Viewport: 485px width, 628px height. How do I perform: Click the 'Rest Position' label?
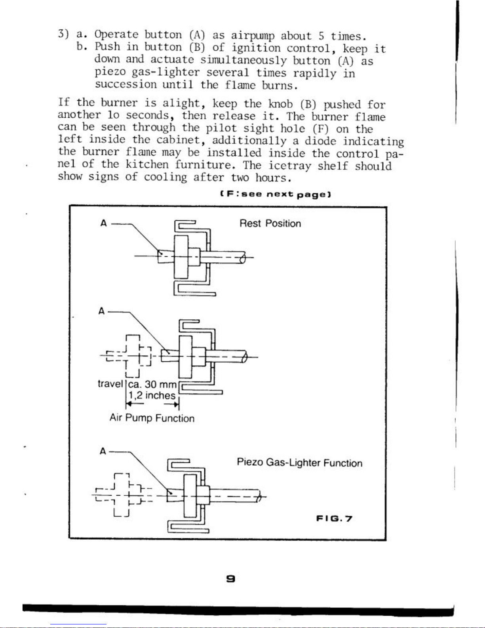click(x=270, y=223)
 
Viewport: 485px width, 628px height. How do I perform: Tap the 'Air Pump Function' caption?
click(x=152, y=418)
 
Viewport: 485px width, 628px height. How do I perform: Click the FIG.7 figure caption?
click(x=334, y=519)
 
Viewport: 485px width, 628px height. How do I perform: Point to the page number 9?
click(x=230, y=579)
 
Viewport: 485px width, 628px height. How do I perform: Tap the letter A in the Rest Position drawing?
click(x=104, y=223)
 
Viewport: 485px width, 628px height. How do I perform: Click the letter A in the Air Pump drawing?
click(x=102, y=311)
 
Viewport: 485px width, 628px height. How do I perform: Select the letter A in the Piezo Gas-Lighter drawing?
click(x=103, y=451)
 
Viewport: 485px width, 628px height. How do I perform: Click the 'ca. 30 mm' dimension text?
click(x=152, y=384)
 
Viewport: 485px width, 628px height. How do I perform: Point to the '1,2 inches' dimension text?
click(x=152, y=395)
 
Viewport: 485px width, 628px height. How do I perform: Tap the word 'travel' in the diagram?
click(x=110, y=384)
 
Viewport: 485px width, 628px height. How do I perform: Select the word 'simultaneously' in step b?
click(x=243, y=60)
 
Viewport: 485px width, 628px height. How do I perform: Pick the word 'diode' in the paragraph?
click(x=320, y=141)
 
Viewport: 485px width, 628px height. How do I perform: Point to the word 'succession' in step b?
click(x=126, y=84)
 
